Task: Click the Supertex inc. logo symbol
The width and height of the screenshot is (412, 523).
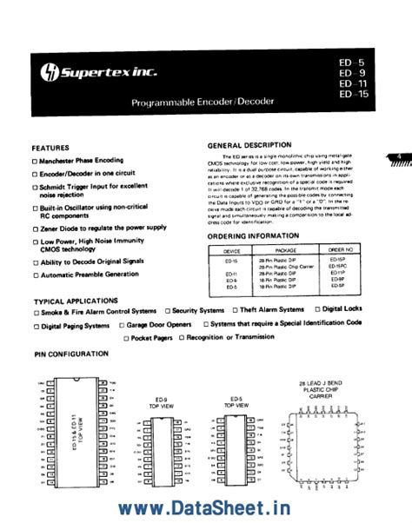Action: click(47, 69)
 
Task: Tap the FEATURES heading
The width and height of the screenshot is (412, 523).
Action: click(51, 149)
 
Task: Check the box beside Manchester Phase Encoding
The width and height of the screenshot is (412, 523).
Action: click(36, 162)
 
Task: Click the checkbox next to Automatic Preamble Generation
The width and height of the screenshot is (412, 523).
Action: click(36, 275)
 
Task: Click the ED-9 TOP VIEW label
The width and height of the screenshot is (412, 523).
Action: click(156, 404)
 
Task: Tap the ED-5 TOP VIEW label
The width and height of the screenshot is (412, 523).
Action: click(229, 404)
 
